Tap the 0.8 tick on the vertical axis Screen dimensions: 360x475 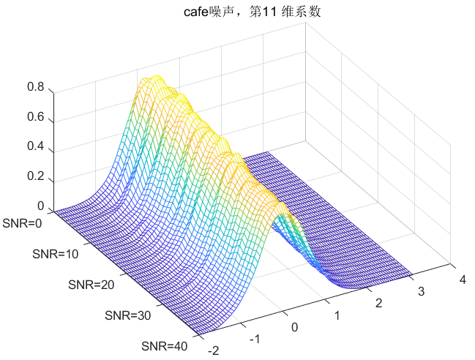tap(36, 87)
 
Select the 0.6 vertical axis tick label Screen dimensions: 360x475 tap(36, 118)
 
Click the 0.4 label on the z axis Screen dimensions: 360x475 tap(36, 147)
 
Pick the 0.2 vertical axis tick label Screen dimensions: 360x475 tap(36, 176)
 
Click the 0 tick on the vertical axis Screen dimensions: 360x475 tap(41, 206)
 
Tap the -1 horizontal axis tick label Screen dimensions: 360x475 tap(255, 340)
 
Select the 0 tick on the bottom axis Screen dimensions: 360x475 tap(295, 327)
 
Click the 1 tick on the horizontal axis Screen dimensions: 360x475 tap(337, 315)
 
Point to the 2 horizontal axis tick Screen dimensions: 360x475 tap(378, 303)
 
